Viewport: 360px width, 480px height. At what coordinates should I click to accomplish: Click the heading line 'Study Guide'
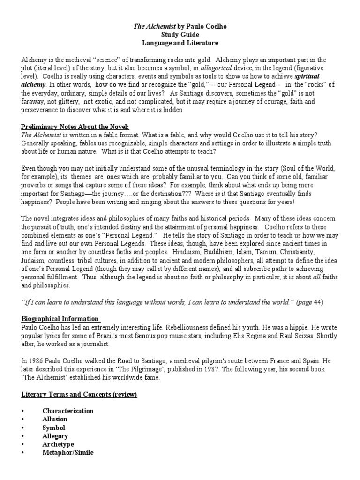(180, 35)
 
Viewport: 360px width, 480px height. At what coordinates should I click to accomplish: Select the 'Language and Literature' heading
(180, 43)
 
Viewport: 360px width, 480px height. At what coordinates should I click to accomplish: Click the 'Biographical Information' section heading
(60, 319)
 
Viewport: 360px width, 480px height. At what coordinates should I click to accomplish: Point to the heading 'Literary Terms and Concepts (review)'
(79, 394)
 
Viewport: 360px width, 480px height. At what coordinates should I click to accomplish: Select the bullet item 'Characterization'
(67, 411)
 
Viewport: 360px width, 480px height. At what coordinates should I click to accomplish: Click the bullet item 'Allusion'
(55, 419)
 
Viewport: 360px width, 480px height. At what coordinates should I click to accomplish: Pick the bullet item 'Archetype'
(58, 444)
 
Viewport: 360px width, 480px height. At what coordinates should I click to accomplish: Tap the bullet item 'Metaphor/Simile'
(67, 453)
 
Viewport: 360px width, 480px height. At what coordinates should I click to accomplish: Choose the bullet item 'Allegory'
(55, 436)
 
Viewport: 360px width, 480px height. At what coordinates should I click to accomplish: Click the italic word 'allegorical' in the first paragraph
(217, 68)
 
